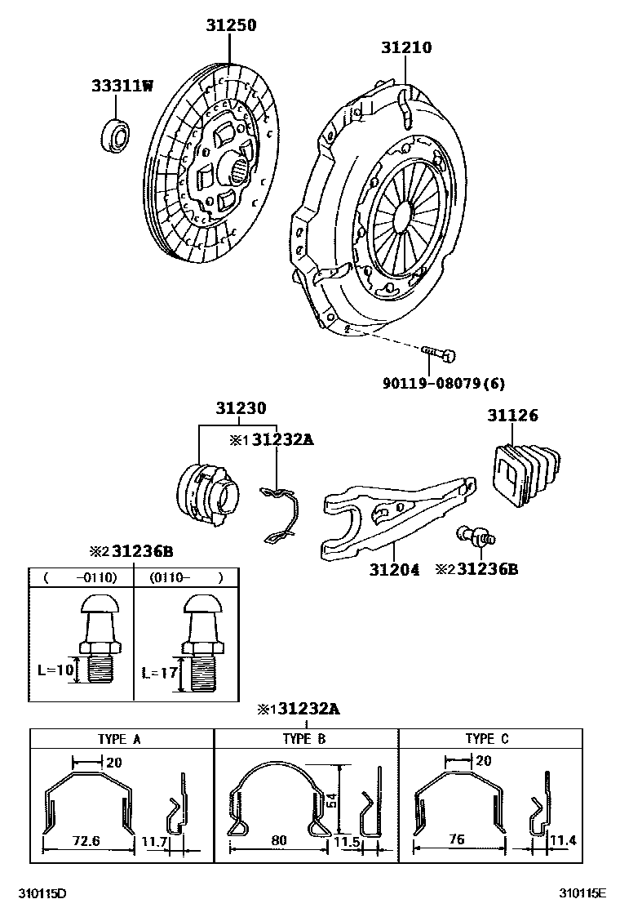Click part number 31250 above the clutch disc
pos(230,26)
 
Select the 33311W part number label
pos(122,86)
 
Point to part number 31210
pos(406,48)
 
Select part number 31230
pos(241,408)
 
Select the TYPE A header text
pos(119,740)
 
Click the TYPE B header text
pos(303,740)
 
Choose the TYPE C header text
pos(487,740)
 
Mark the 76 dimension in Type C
pos(458,840)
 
